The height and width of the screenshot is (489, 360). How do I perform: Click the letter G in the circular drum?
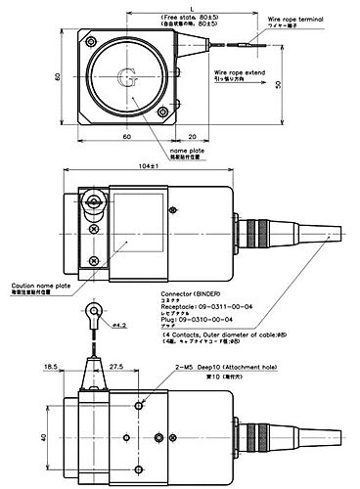(x=126, y=76)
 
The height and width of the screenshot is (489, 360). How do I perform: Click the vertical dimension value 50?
(x=279, y=85)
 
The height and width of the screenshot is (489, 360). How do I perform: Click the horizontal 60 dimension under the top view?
(x=126, y=137)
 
